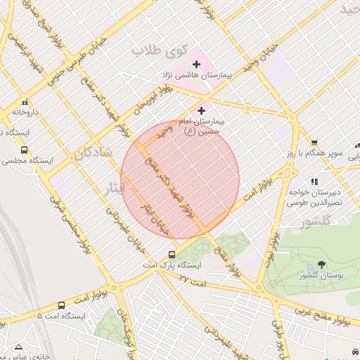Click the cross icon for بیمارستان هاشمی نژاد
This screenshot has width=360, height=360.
click(196, 64)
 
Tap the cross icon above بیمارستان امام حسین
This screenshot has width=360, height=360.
click(202, 110)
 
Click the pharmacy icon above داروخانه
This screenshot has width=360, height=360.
click(25, 101)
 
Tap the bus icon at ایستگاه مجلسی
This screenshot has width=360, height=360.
click(25, 150)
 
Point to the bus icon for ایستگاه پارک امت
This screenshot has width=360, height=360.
click(172, 255)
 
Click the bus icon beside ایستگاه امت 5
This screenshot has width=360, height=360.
click(62, 305)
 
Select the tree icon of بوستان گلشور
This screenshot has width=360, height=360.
click(321, 264)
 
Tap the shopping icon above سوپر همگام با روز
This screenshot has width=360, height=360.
click(314, 142)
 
